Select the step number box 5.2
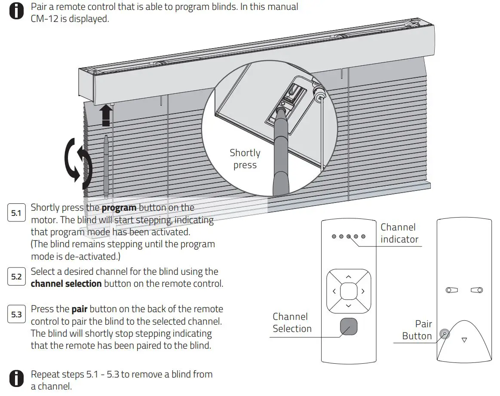(x=16, y=277)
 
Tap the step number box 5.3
(x=16, y=315)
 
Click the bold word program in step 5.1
(x=119, y=208)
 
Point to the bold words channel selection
(x=66, y=284)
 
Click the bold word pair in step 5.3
(x=80, y=309)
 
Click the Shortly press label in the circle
(x=245, y=159)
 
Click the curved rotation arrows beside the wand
(x=78, y=164)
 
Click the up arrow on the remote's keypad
(x=349, y=277)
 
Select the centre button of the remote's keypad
(x=349, y=292)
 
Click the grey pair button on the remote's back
(x=445, y=334)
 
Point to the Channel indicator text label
(x=399, y=233)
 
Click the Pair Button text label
(x=417, y=330)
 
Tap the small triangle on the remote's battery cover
(x=464, y=340)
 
